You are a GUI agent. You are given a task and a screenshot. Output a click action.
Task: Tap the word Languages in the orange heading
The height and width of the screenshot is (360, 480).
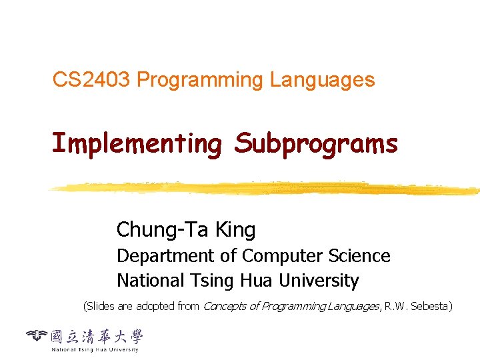pos(322,81)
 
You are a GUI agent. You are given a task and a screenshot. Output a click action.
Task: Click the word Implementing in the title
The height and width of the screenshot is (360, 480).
pos(136,144)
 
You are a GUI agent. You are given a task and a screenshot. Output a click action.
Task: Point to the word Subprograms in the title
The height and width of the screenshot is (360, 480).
pos(315,144)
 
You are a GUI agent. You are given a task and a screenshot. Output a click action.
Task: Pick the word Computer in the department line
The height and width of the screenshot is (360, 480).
pos(282,256)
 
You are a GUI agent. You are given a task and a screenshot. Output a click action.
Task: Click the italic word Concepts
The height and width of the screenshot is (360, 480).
pos(223,307)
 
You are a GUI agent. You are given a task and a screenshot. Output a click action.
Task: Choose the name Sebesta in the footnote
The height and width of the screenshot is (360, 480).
pos(431,307)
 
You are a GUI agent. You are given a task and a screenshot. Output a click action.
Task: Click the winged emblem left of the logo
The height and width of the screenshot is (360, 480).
pos(37,335)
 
